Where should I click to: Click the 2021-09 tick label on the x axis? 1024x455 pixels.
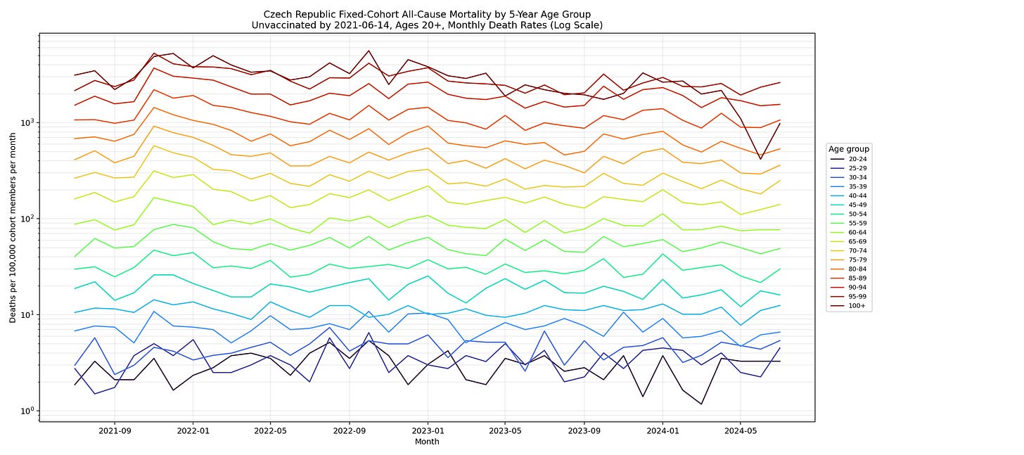(114, 430)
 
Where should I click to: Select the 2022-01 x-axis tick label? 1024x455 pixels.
(193, 430)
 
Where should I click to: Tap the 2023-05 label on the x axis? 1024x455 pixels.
(505, 430)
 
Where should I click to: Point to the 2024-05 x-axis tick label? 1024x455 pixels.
(740, 430)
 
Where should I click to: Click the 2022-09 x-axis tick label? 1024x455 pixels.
(350, 430)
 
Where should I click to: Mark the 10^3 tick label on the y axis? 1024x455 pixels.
(27, 122)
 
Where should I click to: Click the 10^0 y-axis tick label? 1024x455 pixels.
(27, 411)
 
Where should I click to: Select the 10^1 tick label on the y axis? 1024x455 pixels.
(27, 314)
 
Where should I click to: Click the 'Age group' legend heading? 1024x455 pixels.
(849, 149)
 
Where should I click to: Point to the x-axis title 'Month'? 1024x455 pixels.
(427, 441)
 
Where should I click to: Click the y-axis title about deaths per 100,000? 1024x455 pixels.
(13, 228)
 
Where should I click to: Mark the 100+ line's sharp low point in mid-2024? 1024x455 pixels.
(760, 159)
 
